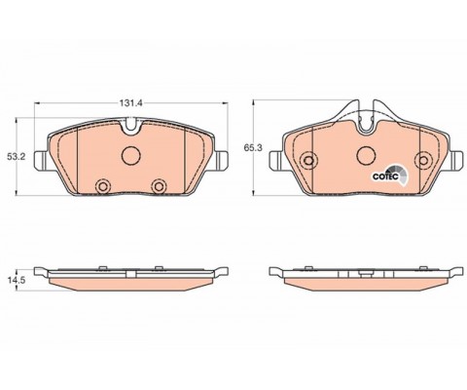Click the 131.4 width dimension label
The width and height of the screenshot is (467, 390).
click(x=131, y=103)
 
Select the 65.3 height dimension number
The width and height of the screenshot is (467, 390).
click(x=253, y=148)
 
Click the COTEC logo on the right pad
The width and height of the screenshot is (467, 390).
click(x=390, y=175)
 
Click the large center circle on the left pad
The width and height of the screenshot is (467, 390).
click(x=131, y=155)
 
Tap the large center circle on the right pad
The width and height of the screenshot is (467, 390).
click(x=366, y=155)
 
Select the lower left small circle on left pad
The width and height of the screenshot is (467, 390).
click(x=103, y=186)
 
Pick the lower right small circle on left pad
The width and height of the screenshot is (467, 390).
click(x=159, y=186)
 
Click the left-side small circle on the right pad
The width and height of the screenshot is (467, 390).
click(x=308, y=160)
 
